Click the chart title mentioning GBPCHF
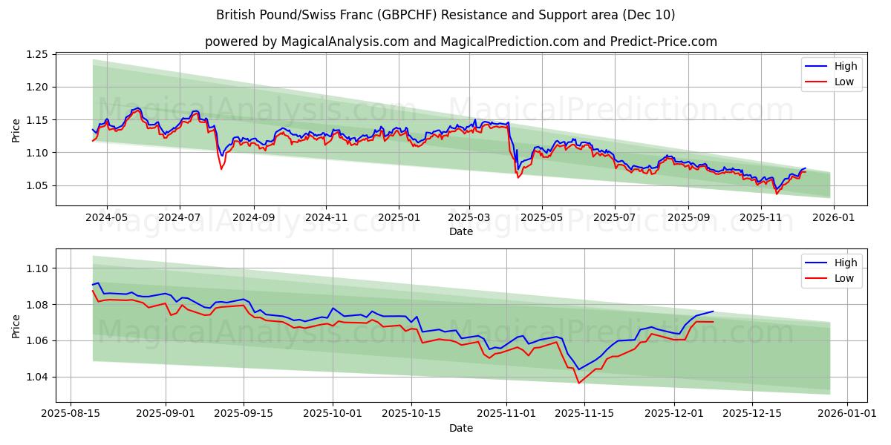446,15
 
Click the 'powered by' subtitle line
460,42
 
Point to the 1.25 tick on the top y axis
37,55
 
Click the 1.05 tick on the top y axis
37,185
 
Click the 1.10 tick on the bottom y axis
37,268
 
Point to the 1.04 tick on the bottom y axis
37,377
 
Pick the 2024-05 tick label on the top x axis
107,218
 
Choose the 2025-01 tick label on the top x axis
398,218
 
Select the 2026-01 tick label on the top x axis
833,218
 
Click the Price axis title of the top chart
16,131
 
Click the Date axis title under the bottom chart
460,428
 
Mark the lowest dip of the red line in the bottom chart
578,383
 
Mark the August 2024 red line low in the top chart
221,169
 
